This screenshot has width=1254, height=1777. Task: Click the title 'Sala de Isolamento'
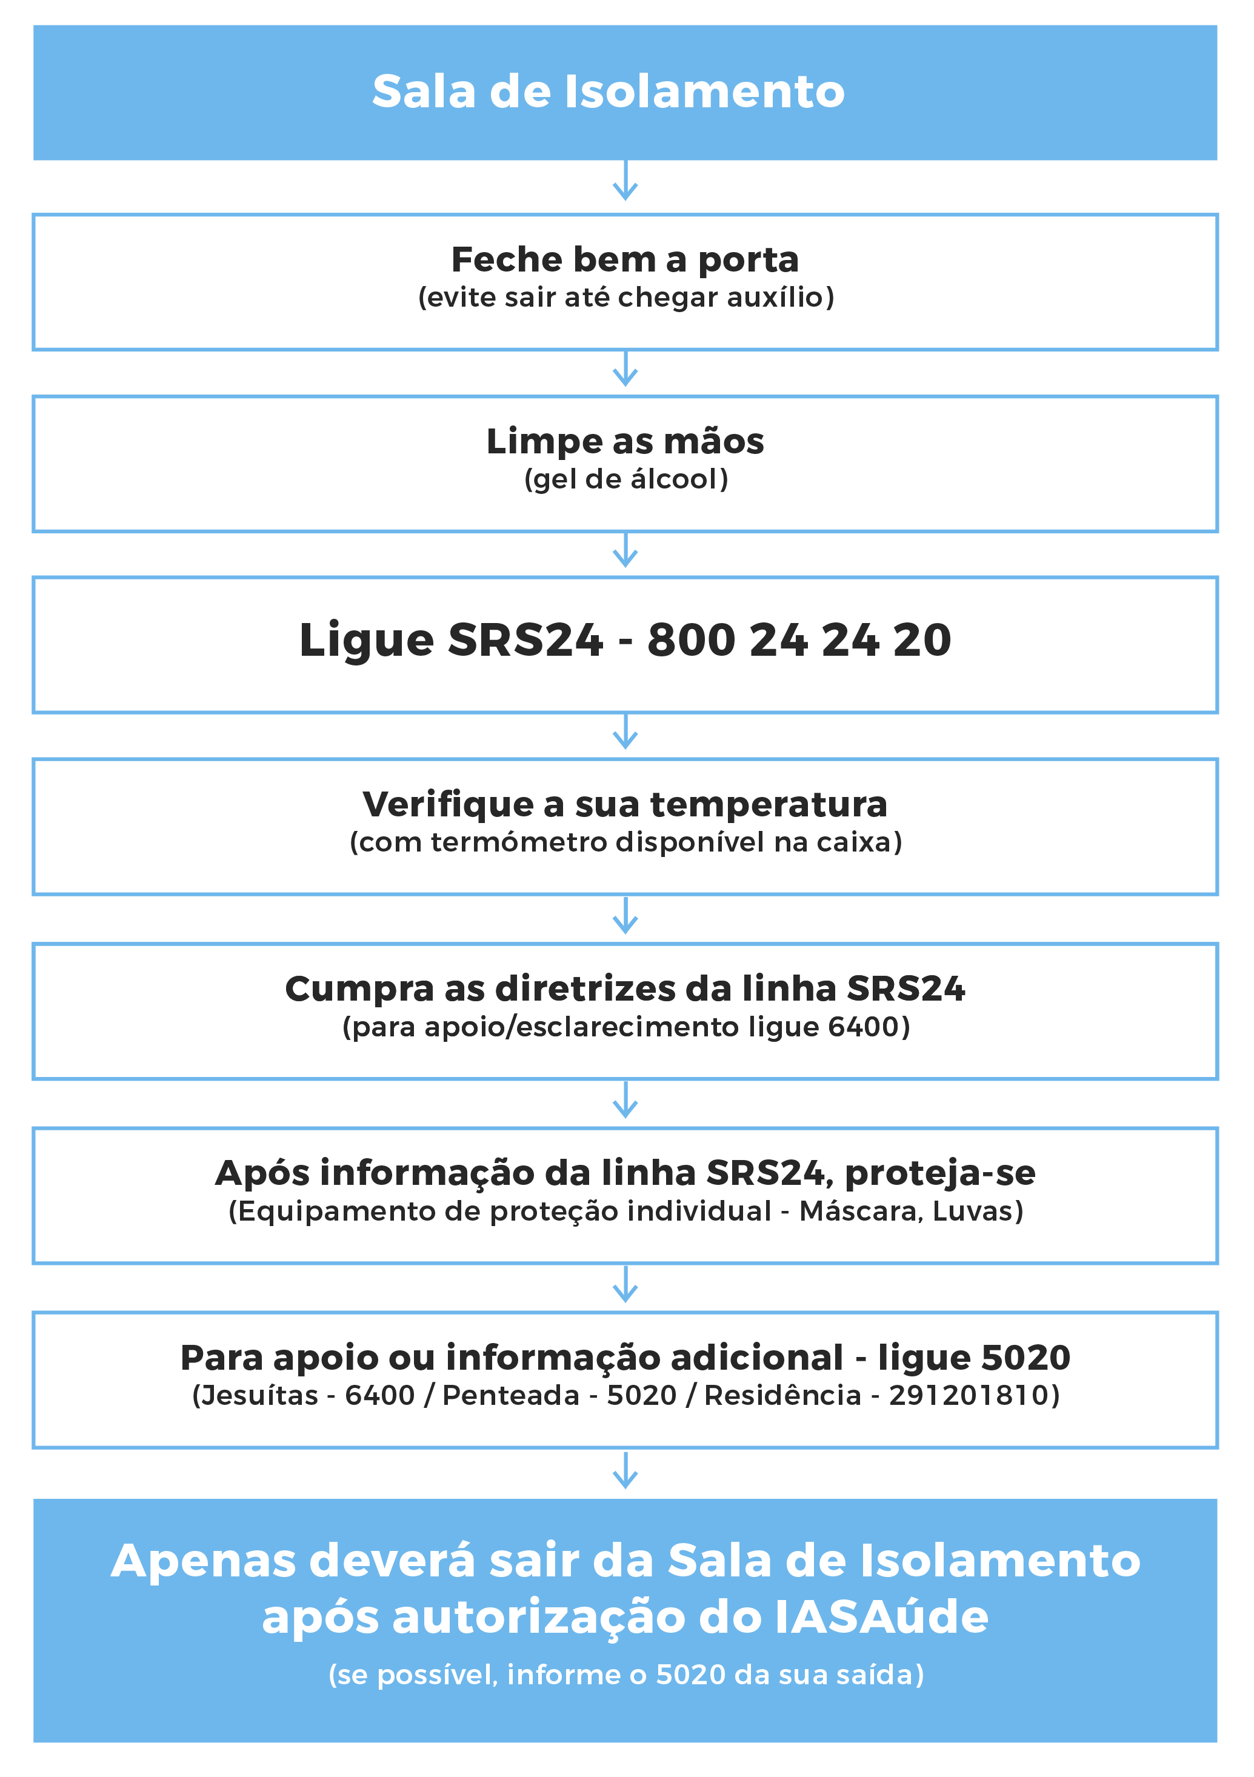tap(609, 92)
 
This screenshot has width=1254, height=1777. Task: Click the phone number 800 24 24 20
tap(799, 640)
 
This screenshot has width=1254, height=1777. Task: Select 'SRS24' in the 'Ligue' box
tap(525, 640)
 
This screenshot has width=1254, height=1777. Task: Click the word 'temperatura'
tap(769, 804)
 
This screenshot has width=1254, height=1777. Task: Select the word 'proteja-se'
tap(939, 1174)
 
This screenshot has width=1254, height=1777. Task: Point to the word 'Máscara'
tap(861, 1212)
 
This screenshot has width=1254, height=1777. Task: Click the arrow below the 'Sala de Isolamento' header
tap(625, 181)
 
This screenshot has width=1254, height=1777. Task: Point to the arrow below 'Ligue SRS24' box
tap(625, 732)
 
